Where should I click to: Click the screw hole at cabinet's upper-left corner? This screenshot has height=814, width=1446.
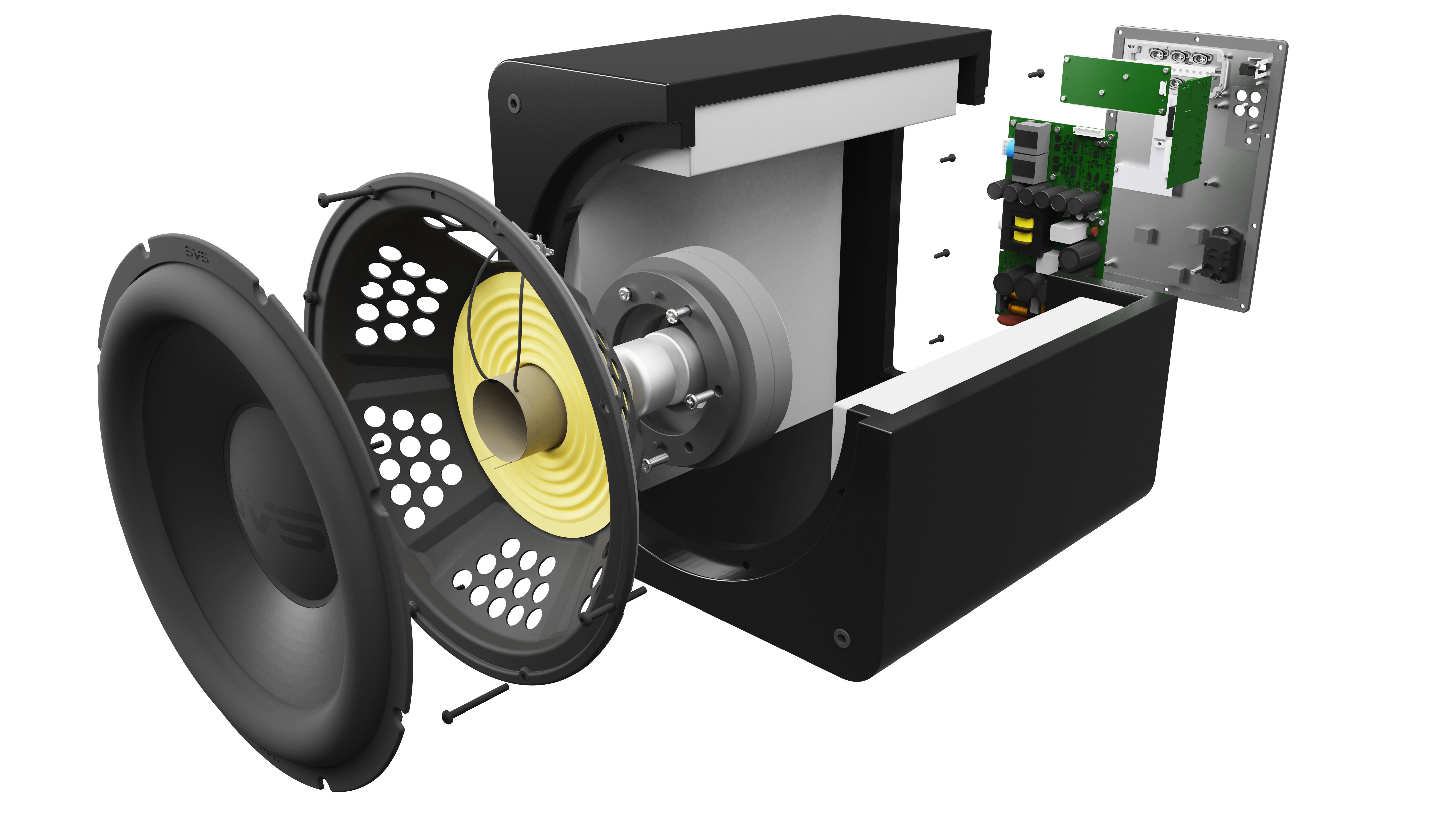point(512,102)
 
